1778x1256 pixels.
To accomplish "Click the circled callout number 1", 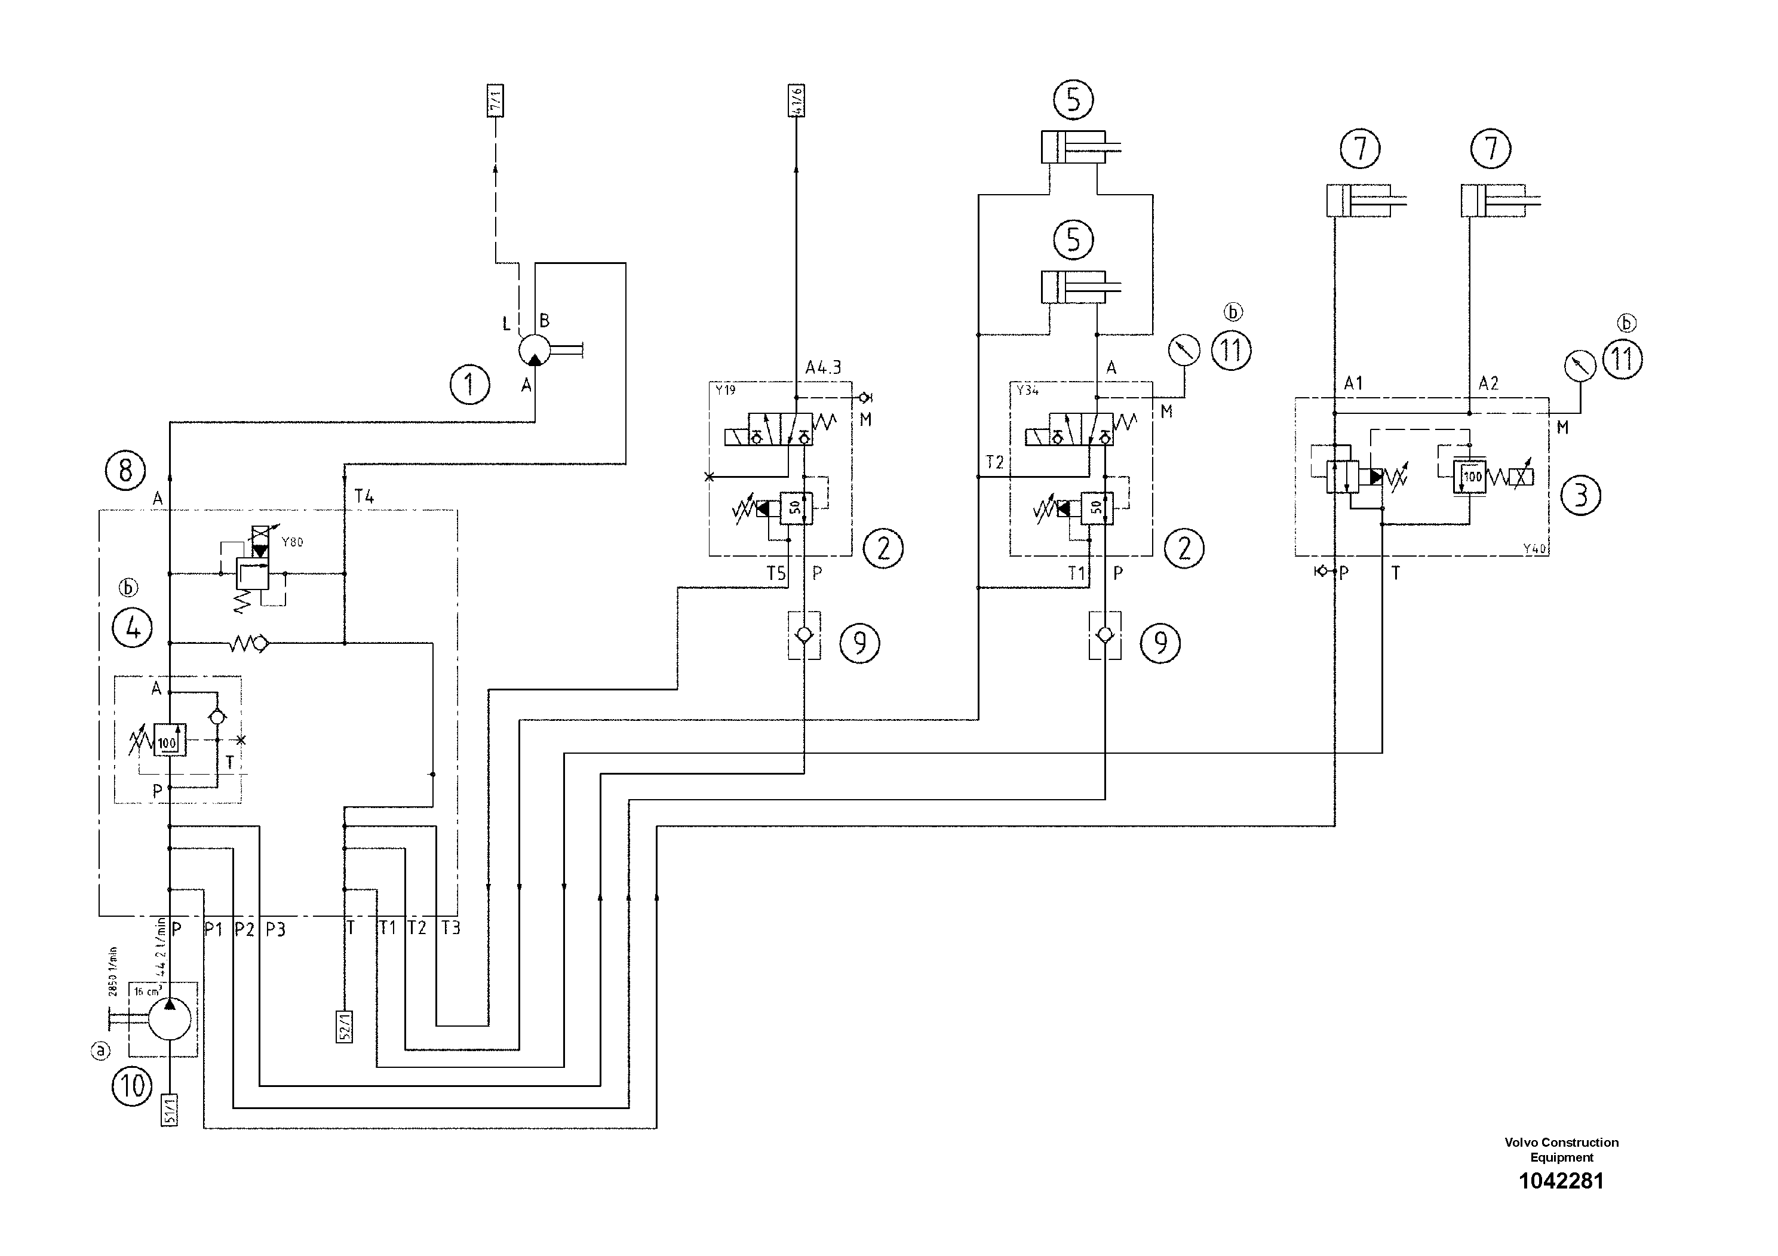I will point(470,385).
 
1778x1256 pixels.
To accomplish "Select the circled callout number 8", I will point(125,470).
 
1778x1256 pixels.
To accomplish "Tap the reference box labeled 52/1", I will point(345,1026).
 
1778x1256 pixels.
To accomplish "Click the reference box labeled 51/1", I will point(170,1109).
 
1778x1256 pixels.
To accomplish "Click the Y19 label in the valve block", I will point(726,390).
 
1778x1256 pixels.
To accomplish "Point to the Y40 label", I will point(1534,549).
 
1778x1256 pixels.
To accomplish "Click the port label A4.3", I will point(823,368).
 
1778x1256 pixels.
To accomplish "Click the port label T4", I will point(364,497).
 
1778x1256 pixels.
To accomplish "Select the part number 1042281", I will point(1561,1181).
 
